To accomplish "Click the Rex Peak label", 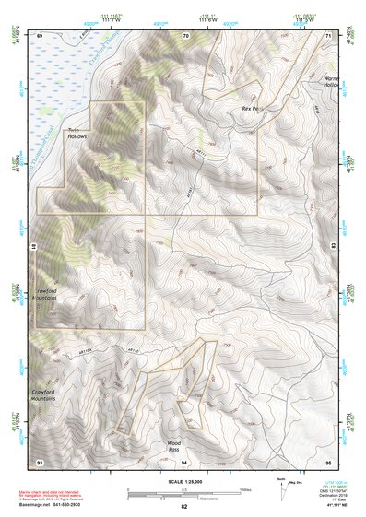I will click(x=252, y=109).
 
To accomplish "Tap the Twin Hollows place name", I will click(x=77, y=133).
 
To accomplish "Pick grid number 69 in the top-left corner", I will click(x=40, y=34).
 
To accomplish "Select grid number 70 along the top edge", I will click(x=185, y=34).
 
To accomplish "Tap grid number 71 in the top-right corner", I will click(x=329, y=34).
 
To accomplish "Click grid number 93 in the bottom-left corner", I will click(x=40, y=462).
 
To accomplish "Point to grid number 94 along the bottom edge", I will click(x=184, y=462).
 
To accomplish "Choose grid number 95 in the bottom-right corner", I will click(x=329, y=462).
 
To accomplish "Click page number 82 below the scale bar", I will click(x=184, y=507).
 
